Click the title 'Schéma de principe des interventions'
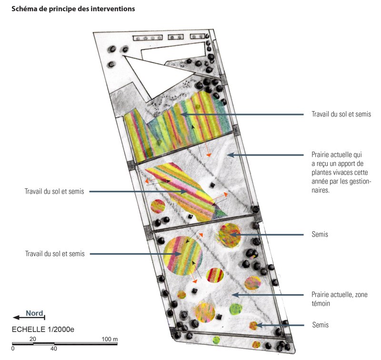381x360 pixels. click(73, 9)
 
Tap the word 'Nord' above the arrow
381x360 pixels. click(34, 313)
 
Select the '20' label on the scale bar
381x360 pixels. click(33, 339)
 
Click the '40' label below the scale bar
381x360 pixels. click(54, 349)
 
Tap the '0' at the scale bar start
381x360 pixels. click(13, 349)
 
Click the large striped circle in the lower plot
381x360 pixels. click(182, 256)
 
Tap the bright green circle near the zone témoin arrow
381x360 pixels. click(235, 309)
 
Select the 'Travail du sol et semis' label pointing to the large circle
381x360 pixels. click(54, 254)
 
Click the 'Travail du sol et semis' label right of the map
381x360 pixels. click(341, 114)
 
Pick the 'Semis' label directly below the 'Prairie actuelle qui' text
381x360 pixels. click(320, 235)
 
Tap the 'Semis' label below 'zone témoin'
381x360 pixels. click(320, 325)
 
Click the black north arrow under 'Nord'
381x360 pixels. click(29, 317)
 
